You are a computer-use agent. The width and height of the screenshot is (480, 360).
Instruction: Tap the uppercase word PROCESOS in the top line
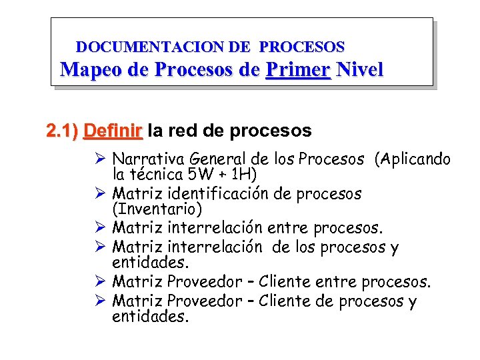302,47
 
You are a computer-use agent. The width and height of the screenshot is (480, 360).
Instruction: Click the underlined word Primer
297,70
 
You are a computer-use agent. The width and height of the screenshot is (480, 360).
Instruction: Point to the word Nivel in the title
360,70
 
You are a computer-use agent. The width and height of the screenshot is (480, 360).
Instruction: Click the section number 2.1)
63,131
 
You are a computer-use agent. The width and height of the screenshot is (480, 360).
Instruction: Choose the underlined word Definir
113,131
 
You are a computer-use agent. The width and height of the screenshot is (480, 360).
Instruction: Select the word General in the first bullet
219,160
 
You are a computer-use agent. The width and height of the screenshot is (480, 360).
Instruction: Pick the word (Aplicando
413,160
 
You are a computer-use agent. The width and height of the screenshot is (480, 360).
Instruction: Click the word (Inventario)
157,210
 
